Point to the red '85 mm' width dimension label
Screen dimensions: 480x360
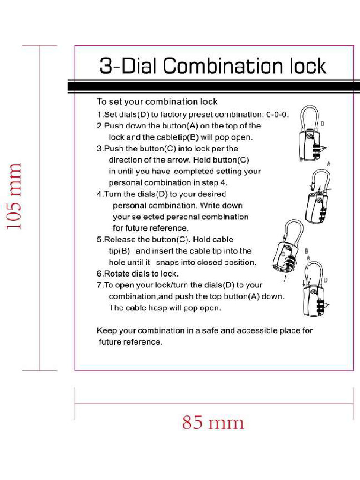(x=213, y=423)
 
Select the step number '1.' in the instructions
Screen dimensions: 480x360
(x=100, y=114)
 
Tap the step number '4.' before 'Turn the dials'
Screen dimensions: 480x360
(x=100, y=194)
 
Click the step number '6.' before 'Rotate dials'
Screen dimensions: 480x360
(x=100, y=274)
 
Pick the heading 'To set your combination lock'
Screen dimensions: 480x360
(x=157, y=102)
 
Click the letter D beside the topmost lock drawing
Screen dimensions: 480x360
(x=322, y=124)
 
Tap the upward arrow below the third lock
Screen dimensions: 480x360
(x=286, y=278)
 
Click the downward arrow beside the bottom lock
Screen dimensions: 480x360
(x=305, y=283)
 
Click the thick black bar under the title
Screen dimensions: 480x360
(x=214, y=87)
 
